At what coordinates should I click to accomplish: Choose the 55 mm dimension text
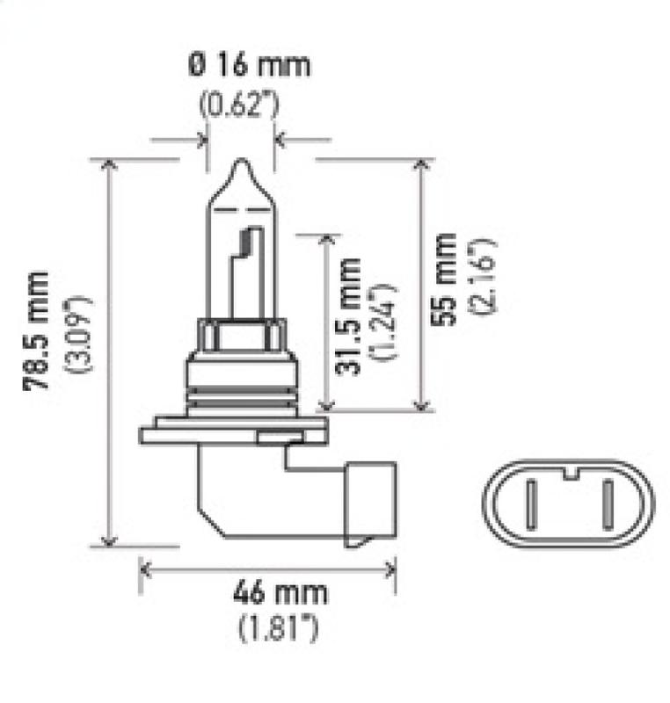pyautogui.click(x=448, y=279)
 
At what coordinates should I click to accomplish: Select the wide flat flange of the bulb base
pyautogui.click(x=233, y=431)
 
